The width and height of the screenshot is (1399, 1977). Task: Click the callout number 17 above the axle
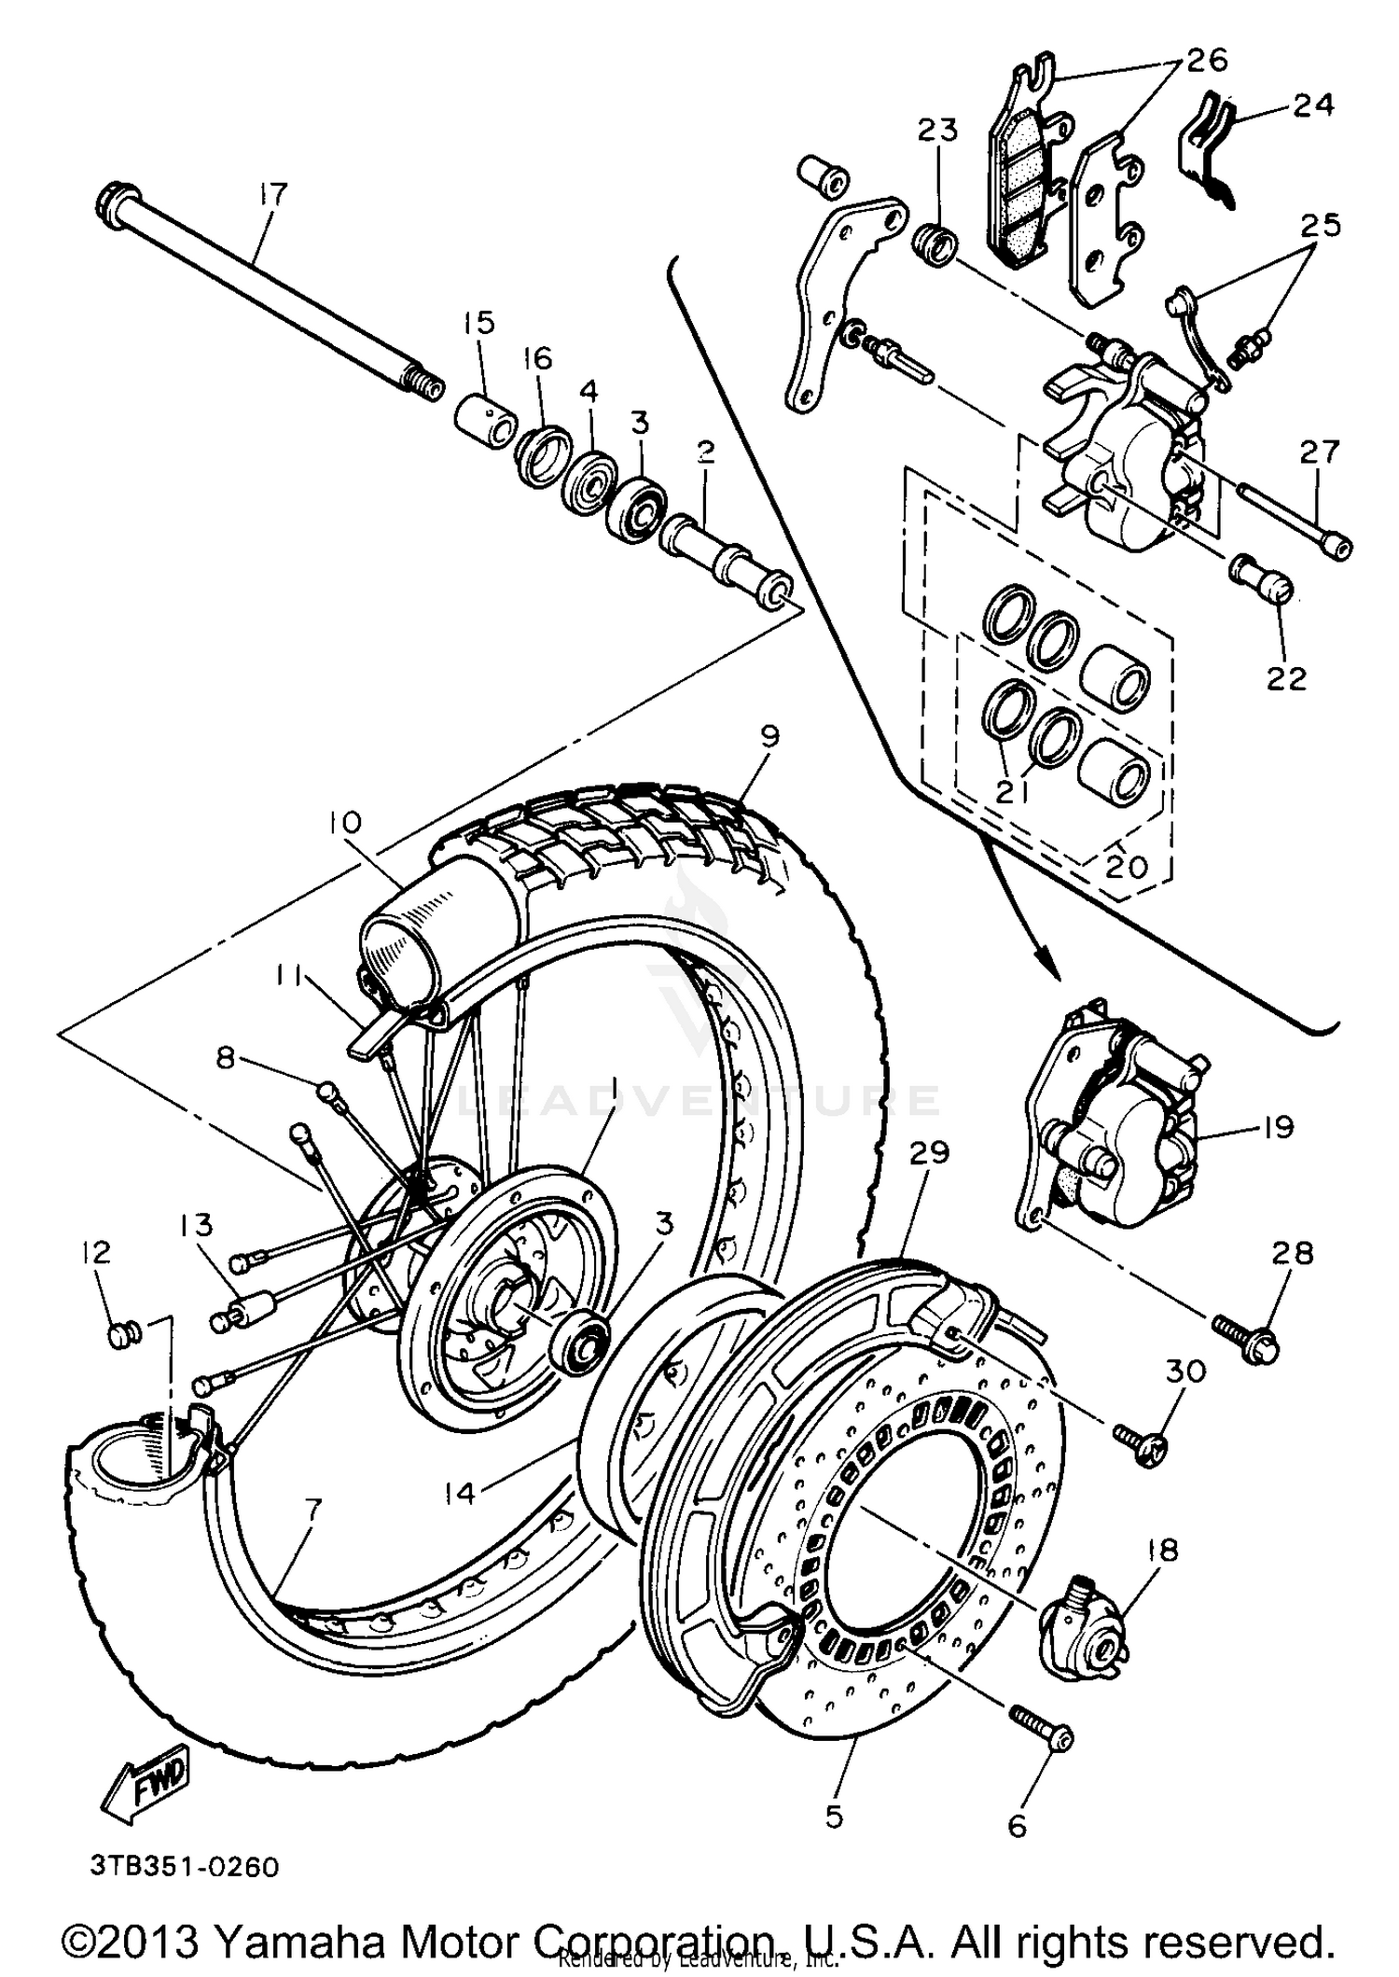coord(273,196)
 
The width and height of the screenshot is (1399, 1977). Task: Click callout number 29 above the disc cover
coord(929,1153)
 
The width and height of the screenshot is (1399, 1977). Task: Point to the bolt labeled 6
coord(1042,1736)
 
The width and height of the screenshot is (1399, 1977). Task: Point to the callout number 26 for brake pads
coord(1206,61)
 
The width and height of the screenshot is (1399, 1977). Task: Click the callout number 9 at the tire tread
coord(769,737)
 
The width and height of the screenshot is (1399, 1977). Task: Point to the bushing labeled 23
coord(934,245)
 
